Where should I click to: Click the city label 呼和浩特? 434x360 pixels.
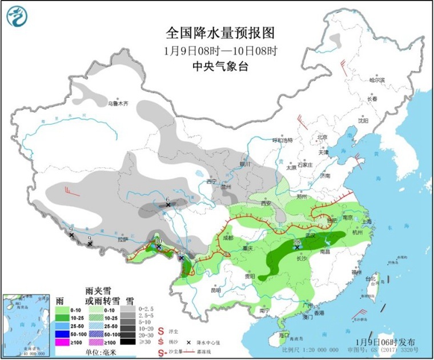point(282,140)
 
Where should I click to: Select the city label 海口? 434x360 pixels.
point(282,334)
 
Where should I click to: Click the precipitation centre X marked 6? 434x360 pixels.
point(168,204)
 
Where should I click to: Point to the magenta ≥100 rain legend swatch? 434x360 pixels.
point(61,342)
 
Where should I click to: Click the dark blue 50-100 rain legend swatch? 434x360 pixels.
point(61,334)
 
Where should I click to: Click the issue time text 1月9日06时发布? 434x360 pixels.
point(385,342)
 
